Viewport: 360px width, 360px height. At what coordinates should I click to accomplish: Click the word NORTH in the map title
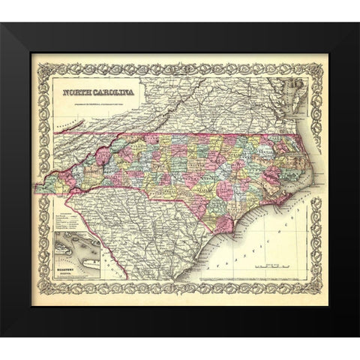(78, 92)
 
